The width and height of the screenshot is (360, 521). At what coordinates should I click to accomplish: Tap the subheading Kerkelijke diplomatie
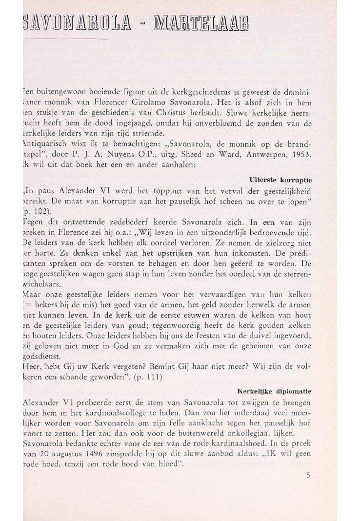click(x=274, y=391)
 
